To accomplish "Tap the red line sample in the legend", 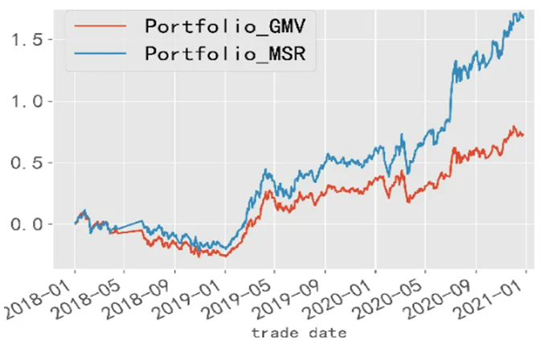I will [x=100, y=26].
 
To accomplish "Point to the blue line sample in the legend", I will [x=100, y=54].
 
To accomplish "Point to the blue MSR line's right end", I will [x=523, y=17].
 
